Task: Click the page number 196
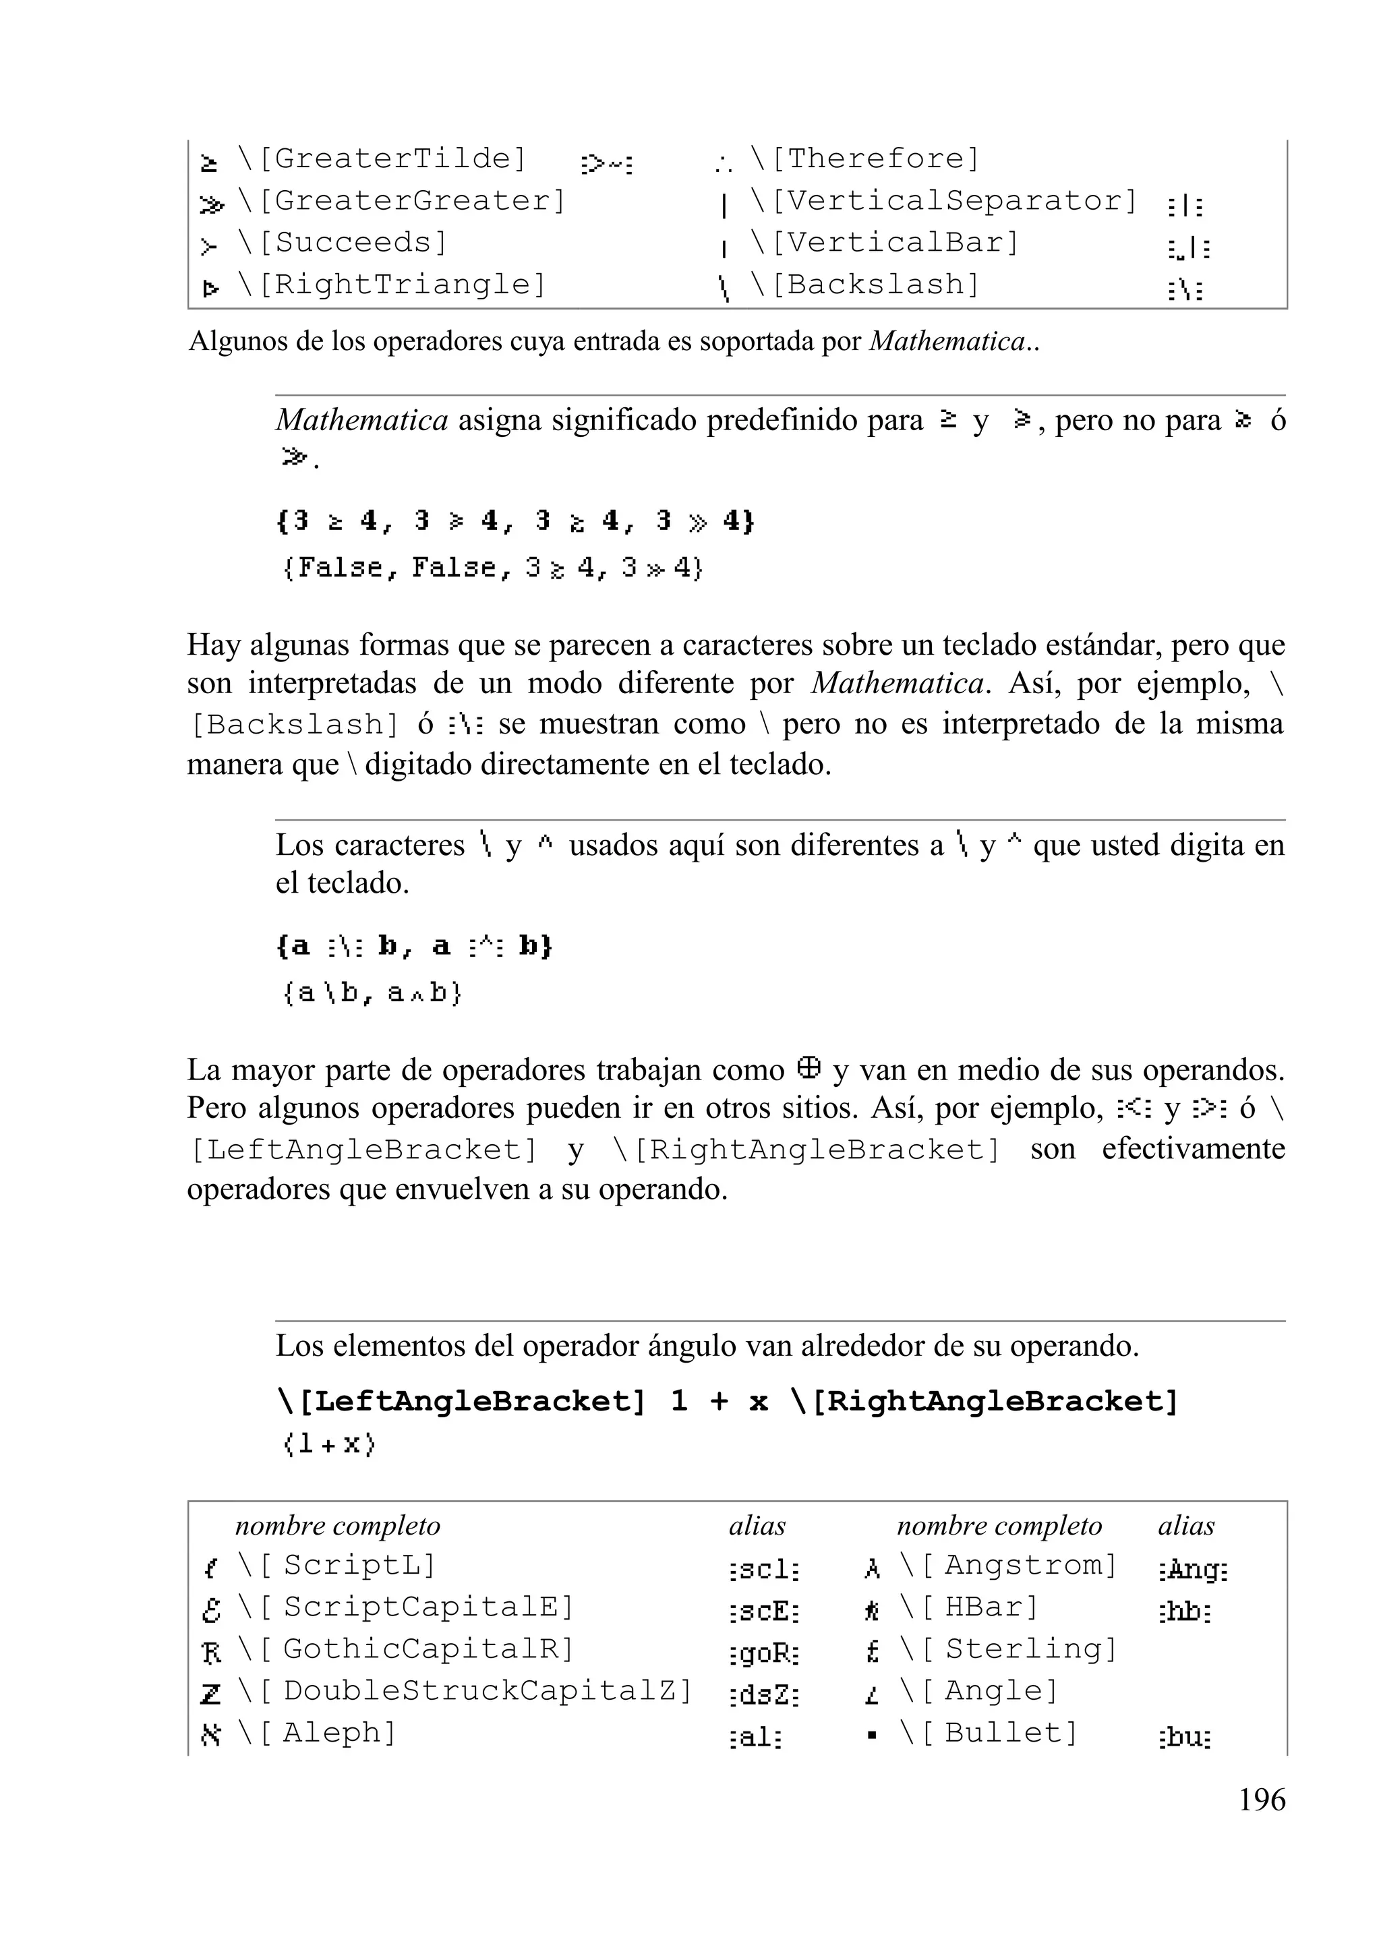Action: click(x=1261, y=1800)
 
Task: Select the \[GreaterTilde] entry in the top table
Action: click(x=382, y=158)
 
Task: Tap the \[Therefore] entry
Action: click(x=864, y=158)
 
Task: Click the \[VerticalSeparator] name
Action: click(x=944, y=201)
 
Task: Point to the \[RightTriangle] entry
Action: click(x=391, y=285)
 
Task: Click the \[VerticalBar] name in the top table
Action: click(x=884, y=243)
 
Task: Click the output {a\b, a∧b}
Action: click(x=372, y=992)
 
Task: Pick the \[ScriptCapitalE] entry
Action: click(x=405, y=1607)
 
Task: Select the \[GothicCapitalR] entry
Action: click(x=405, y=1649)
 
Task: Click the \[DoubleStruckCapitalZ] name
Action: click(x=465, y=1691)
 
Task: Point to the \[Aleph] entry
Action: click(x=317, y=1733)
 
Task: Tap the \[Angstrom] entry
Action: click(x=1007, y=1566)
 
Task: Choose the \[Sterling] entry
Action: click(x=1007, y=1649)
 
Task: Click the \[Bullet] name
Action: click(x=989, y=1733)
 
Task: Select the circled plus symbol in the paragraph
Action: click(x=809, y=1067)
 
